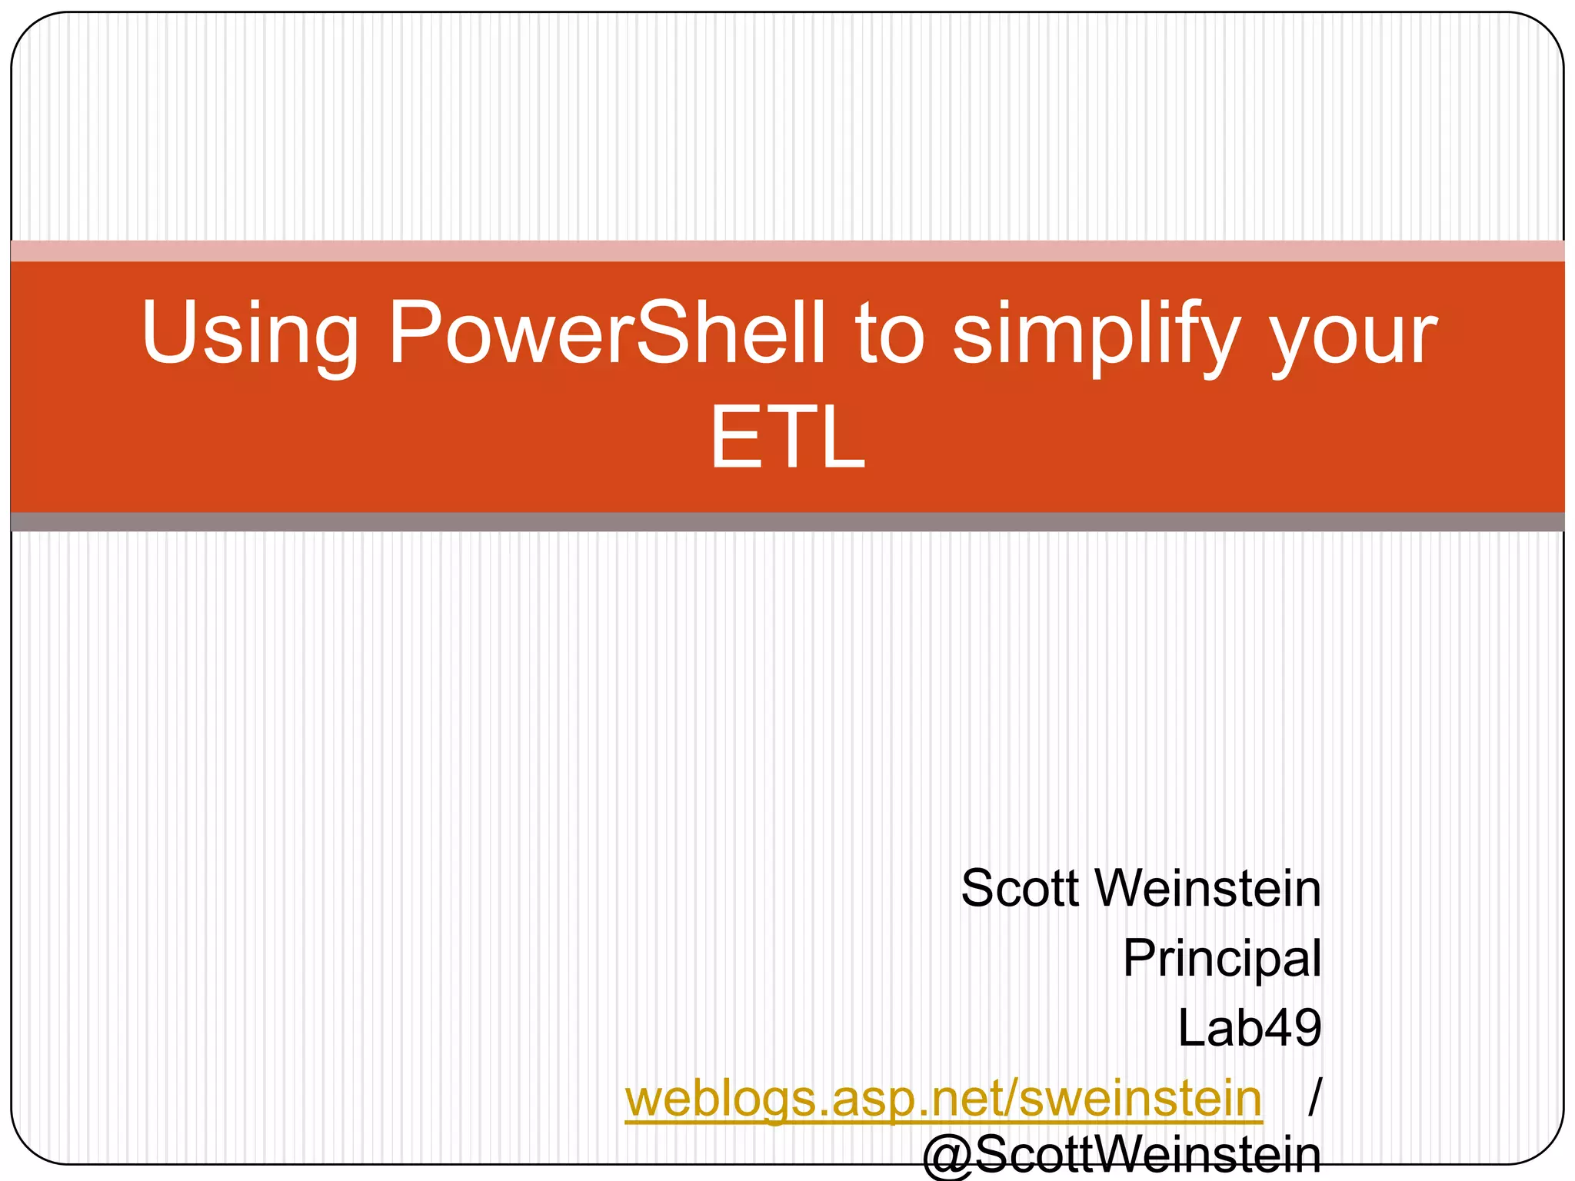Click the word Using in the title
point(250,332)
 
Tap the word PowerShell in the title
point(606,332)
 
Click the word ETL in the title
point(787,438)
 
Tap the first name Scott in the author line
point(1020,889)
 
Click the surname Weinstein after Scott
point(1207,889)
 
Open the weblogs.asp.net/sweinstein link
point(943,1098)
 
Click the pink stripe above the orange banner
point(787,251)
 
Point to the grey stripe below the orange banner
point(787,522)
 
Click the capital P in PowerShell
point(415,332)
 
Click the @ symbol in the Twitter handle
point(948,1157)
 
